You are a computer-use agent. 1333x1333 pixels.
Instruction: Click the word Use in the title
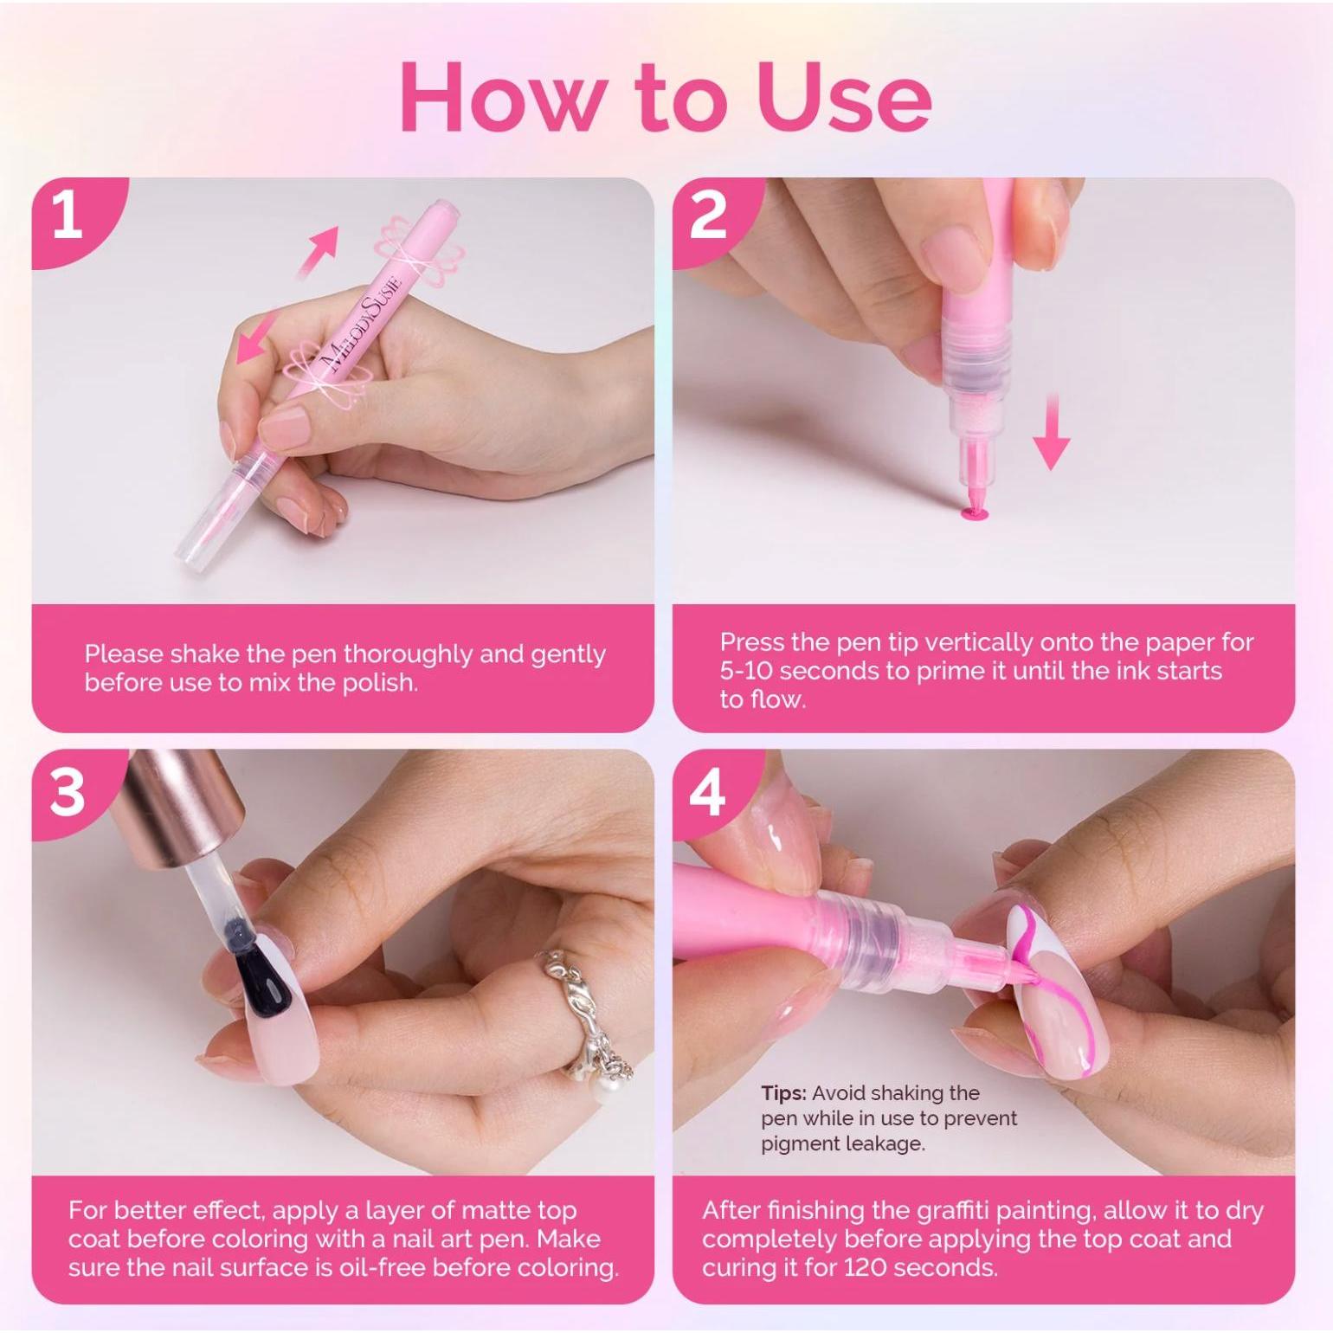pos(844,97)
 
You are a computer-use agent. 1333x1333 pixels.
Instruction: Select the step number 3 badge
pos(68,791)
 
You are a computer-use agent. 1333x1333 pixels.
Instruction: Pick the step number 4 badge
pos(707,791)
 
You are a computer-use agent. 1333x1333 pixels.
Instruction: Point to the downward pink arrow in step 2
pos(1051,432)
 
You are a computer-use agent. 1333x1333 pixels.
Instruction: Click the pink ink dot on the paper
pos(974,516)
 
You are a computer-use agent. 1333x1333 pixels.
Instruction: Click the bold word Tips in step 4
pos(783,1093)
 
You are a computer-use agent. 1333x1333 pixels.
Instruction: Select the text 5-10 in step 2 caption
pos(748,671)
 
